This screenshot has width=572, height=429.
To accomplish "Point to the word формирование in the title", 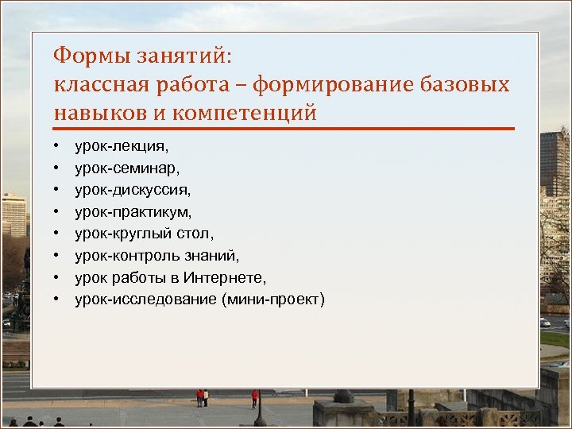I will click(333, 85).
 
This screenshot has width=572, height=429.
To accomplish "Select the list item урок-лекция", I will click(122, 147).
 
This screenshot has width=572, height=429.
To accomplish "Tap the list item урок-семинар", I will click(127, 168).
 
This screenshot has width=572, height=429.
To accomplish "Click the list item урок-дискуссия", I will click(133, 191).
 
